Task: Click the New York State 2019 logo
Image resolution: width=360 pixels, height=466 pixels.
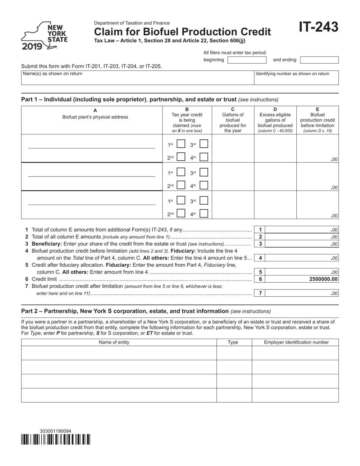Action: [44, 36]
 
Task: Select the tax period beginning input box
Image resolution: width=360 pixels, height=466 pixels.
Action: [247, 60]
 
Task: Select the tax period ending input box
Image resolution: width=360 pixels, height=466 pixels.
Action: [319, 60]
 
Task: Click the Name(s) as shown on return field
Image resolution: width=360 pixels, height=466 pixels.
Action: [137, 78]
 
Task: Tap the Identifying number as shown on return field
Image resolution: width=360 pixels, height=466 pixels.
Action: [296, 78]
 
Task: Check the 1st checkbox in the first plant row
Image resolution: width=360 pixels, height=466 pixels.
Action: [181, 144]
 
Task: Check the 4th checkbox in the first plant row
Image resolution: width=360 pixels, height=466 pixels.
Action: [204, 157]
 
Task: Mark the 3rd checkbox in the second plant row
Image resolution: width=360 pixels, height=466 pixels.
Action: [204, 172]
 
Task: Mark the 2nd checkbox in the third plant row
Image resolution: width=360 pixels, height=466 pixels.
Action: [181, 213]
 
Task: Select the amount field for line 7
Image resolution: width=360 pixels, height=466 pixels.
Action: [303, 293]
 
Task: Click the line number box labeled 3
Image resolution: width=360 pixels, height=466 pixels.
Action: [260, 244]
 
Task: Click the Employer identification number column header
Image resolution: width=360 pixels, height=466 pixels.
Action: [296, 342]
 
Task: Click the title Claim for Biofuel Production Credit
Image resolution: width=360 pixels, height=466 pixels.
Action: [182, 32]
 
